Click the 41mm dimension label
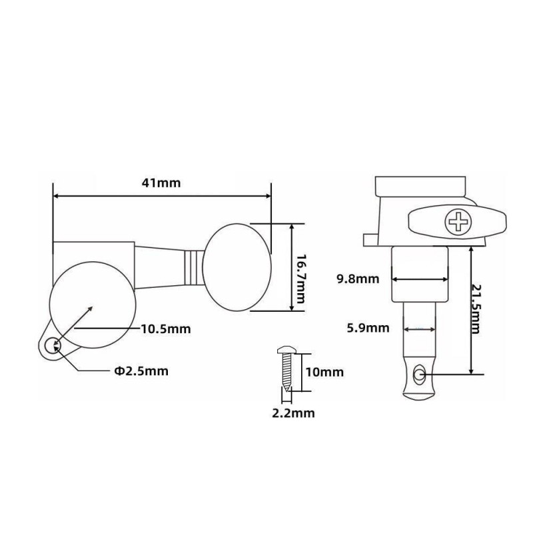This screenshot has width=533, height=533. pos(161,183)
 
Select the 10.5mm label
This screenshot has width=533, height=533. pos(165,329)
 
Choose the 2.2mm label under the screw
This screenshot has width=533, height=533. pos(293,413)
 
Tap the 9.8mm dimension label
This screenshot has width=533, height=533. pos(359,278)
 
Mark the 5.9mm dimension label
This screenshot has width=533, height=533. pos(368,327)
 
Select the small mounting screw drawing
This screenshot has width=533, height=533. pos(286,370)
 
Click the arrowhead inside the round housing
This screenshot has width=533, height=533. pos(87,309)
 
